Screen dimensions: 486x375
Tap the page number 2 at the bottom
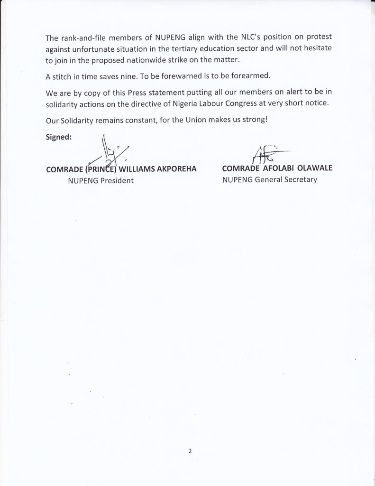click(x=189, y=451)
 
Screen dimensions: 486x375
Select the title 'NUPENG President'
click(x=101, y=180)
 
